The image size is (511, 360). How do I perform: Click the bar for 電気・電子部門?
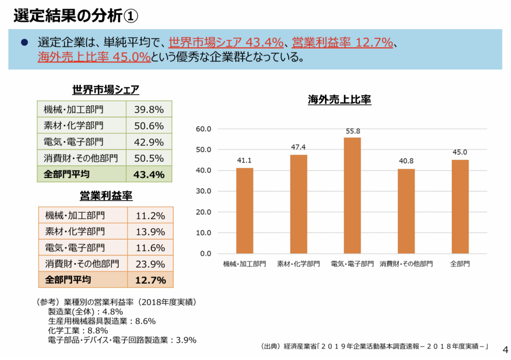pos(352,196)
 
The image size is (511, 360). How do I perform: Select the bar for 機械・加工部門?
pos(245,211)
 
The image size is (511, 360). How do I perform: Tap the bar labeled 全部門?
pos(460,207)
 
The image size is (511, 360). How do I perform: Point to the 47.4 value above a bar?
pos(298,147)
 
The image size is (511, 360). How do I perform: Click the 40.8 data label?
pos(406,161)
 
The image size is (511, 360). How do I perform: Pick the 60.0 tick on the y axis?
pos(205,129)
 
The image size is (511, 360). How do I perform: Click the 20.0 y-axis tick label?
pos(205,212)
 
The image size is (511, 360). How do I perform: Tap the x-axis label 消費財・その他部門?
pos(406,263)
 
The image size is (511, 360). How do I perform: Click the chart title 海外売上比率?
pos(339,99)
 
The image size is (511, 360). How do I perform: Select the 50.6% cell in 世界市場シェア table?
pos(149,126)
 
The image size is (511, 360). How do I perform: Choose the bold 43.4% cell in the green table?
pos(149,174)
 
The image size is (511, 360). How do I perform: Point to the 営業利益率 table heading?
pos(106,195)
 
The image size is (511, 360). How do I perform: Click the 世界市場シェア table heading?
pos(106,90)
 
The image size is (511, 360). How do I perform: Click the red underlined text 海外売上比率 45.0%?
pos(94,57)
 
